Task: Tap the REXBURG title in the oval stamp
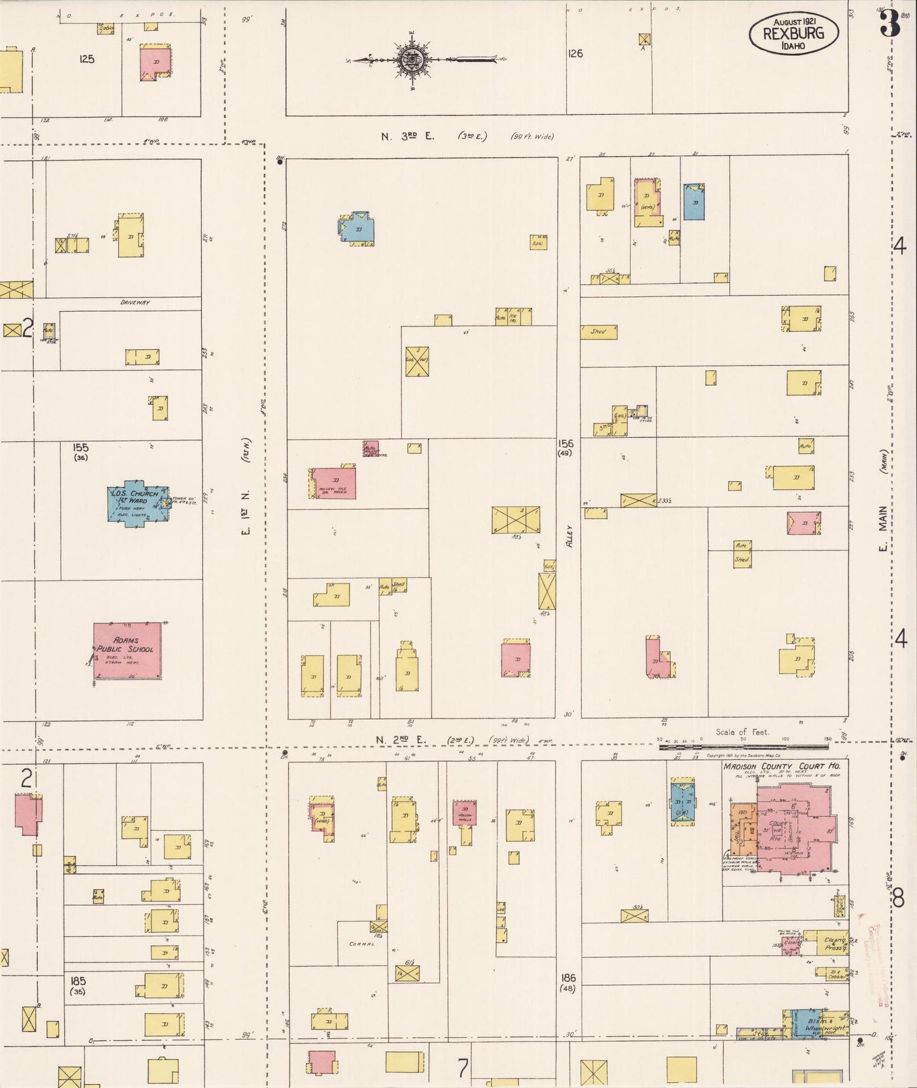point(793,33)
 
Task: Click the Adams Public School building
point(127,651)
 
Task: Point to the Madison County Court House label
point(782,766)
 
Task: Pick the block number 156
point(565,443)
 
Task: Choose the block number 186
point(568,978)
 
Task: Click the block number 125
point(87,59)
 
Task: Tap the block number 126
point(575,53)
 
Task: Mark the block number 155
point(81,448)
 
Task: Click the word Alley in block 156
point(569,536)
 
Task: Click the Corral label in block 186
point(362,944)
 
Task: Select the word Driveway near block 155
point(135,302)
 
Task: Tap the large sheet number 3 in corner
point(890,25)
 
